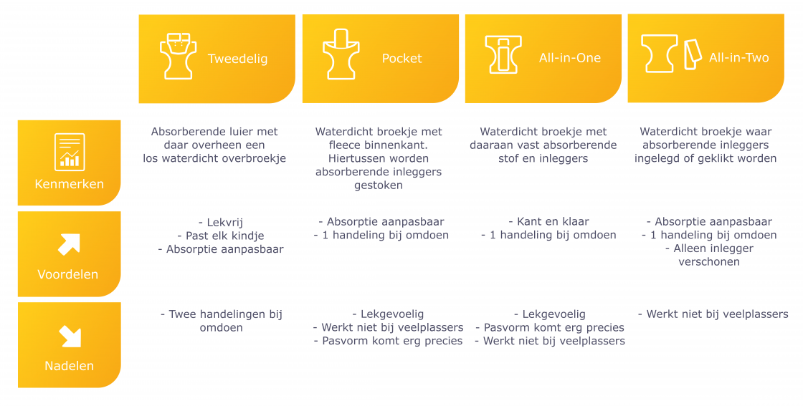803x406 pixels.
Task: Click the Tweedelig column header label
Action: (237, 59)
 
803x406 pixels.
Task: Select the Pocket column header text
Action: (402, 58)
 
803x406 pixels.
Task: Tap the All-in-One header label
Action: (569, 58)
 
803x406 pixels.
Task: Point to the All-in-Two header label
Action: (739, 58)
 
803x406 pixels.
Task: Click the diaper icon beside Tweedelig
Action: (178, 56)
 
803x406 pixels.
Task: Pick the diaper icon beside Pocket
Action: (341, 54)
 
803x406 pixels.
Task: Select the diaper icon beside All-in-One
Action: (503, 54)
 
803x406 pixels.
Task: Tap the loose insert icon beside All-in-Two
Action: (693, 54)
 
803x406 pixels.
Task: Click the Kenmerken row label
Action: (69, 184)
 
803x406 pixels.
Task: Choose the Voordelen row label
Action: (68, 274)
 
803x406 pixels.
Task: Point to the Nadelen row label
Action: (69, 366)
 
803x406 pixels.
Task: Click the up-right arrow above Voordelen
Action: (69, 244)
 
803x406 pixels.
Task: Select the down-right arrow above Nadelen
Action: (70, 337)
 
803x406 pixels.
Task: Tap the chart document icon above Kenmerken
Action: (70, 152)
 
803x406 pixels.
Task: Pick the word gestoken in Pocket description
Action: (379, 185)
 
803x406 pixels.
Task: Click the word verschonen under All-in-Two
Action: (709, 262)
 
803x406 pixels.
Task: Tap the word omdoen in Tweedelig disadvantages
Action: (222, 327)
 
